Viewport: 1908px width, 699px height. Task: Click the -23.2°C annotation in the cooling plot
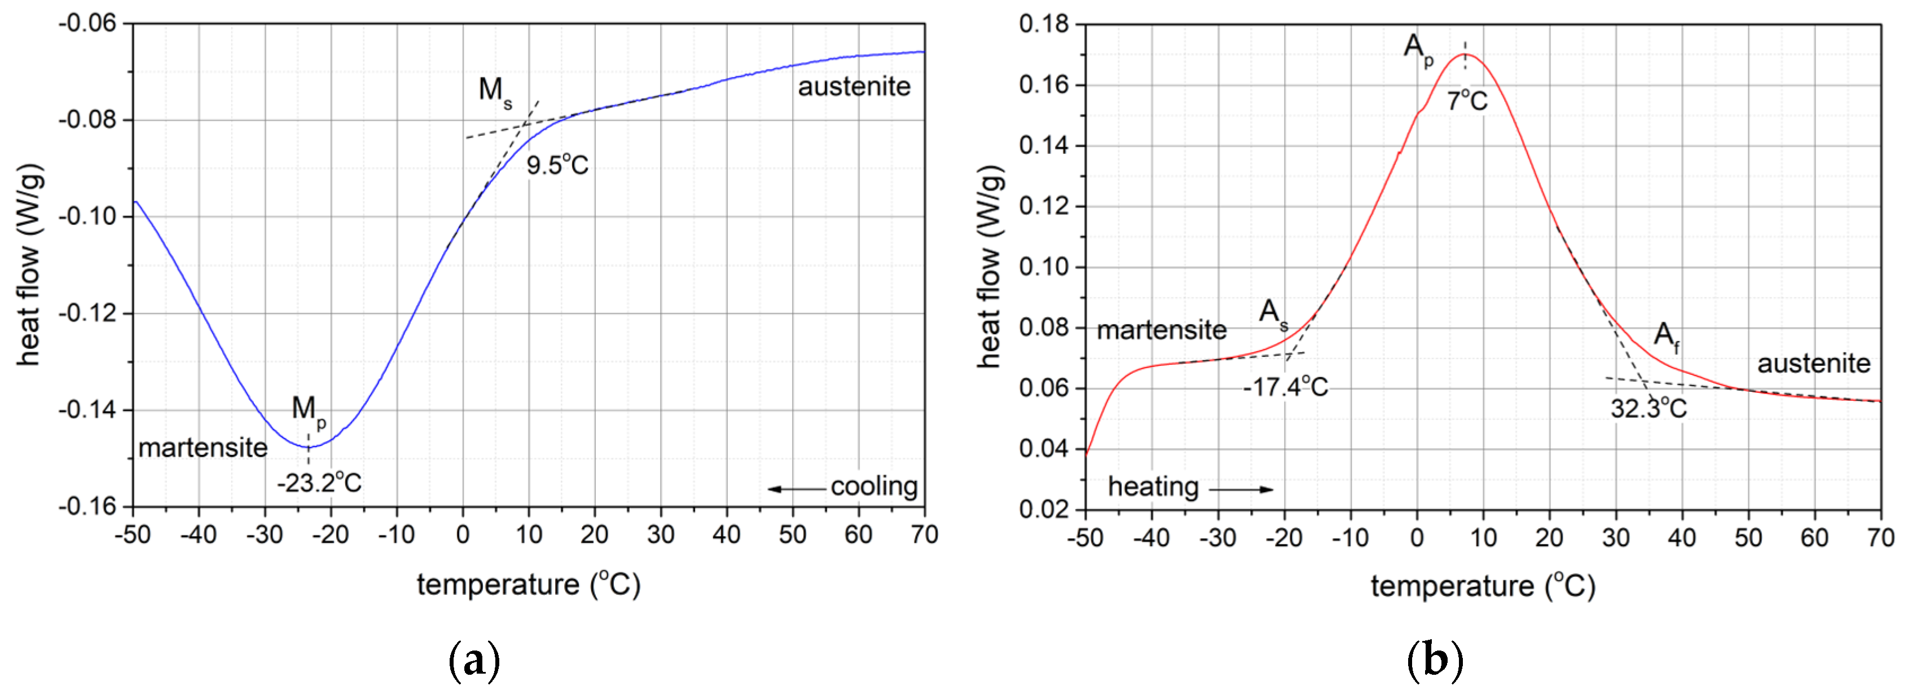pos(319,483)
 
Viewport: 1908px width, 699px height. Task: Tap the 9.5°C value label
pos(557,165)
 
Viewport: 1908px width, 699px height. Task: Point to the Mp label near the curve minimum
pos(308,409)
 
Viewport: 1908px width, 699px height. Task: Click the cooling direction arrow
pos(796,489)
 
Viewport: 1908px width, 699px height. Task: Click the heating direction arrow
pos(1241,489)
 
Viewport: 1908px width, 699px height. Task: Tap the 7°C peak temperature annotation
pos(1467,100)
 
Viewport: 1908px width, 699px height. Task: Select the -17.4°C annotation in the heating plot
pos(1285,387)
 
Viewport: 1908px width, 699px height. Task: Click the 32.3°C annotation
pos(1648,407)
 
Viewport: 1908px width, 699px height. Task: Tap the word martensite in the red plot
pos(1162,330)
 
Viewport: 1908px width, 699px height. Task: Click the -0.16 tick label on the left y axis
pos(87,506)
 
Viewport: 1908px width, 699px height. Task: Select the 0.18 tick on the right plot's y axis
pos(1044,24)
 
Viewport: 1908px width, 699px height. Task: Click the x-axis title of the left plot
pos(528,585)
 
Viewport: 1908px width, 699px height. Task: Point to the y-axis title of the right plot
pos(990,267)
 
